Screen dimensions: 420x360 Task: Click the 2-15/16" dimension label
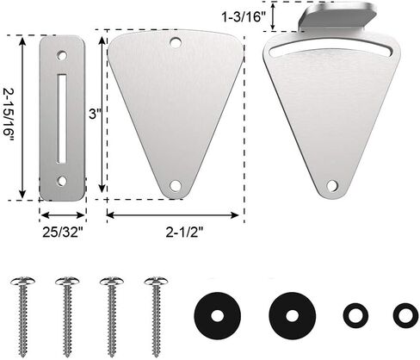tap(8, 117)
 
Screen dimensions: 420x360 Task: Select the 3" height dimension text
tap(96, 115)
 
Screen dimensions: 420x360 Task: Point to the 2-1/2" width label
tap(184, 232)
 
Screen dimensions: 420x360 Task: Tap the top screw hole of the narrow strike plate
tap(62, 55)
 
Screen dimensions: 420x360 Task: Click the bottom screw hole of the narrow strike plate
tap(62, 181)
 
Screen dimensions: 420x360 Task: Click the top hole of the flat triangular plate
tap(176, 43)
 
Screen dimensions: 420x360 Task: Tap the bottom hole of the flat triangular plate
tap(175, 185)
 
